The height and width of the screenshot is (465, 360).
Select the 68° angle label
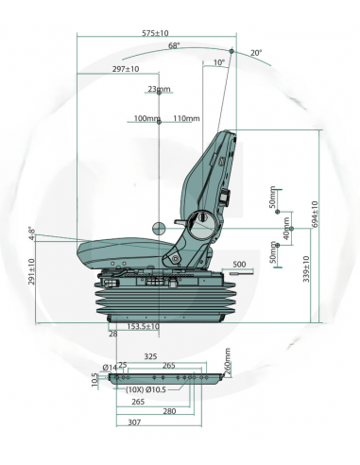[x=174, y=45]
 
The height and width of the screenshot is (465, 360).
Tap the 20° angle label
[x=256, y=53]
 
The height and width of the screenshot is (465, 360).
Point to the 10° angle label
[x=219, y=62]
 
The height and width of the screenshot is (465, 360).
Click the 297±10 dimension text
[x=125, y=69]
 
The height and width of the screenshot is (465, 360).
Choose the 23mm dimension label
[x=160, y=90]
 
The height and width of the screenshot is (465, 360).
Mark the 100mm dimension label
[x=146, y=119]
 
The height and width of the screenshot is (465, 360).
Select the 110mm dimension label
[x=186, y=119]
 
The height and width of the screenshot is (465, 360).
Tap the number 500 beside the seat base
[x=238, y=265]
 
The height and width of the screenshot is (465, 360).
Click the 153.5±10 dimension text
[x=142, y=326]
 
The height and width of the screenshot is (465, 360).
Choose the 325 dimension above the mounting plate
[x=150, y=356]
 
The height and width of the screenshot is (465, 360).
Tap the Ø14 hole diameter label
[x=110, y=366]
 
